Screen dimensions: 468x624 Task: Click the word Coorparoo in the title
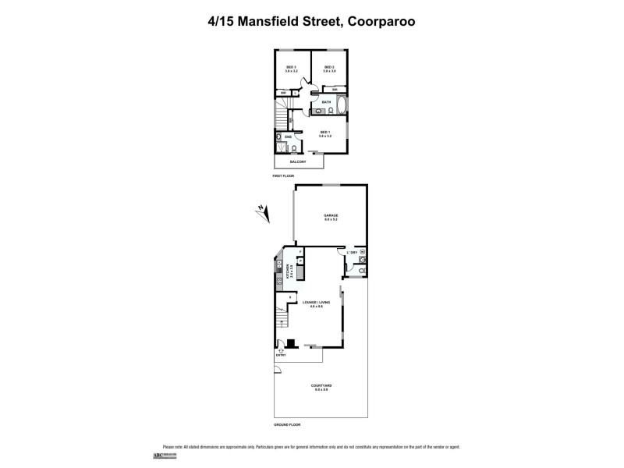[x=380, y=22]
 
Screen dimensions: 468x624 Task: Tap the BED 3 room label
[x=292, y=67]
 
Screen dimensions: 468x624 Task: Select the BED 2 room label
[x=329, y=67]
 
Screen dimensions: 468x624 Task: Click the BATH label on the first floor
[x=326, y=102]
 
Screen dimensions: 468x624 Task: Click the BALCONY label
[x=297, y=161]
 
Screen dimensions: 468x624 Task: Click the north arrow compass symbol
[x=262, y=210]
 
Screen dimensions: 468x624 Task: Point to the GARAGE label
[x=330, y=215]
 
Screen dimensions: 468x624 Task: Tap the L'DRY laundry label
[x=353, y=252]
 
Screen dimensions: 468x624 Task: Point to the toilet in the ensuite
[x=280, y=147]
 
